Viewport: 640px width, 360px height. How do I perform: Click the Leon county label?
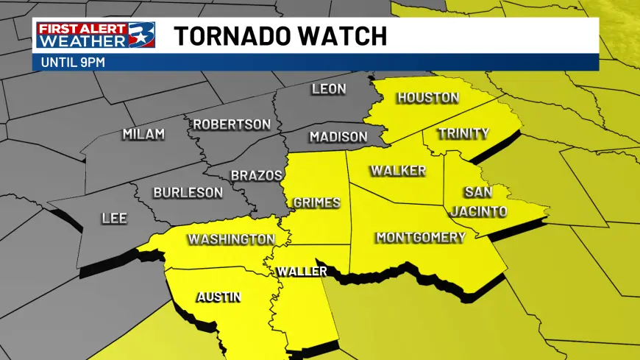[x=329, y=90]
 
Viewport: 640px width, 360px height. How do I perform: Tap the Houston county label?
[x=428, y=98]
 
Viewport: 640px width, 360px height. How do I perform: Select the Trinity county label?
[x=463, y=133]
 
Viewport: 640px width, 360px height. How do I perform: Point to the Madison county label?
[x=338, y=137]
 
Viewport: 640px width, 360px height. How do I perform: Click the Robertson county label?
[x=232, y=124]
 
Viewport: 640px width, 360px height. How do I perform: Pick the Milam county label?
[x=143, y=134]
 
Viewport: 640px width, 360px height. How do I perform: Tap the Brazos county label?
[x=257, y=176]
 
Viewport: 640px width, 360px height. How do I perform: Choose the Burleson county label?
[x=188, y=193]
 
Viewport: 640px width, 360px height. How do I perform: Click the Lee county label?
[x=114, y=219]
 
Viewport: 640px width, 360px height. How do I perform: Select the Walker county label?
[x=398, y=171]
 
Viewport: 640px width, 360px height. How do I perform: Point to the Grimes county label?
[x=317, y=202]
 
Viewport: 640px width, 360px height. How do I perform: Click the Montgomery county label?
[x=421, y=237]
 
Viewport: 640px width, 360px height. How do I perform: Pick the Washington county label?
[x=231, y=239]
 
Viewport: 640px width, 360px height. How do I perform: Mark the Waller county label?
[x=302, y=272]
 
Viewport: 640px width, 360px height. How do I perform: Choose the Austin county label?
[x=218, y=297]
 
